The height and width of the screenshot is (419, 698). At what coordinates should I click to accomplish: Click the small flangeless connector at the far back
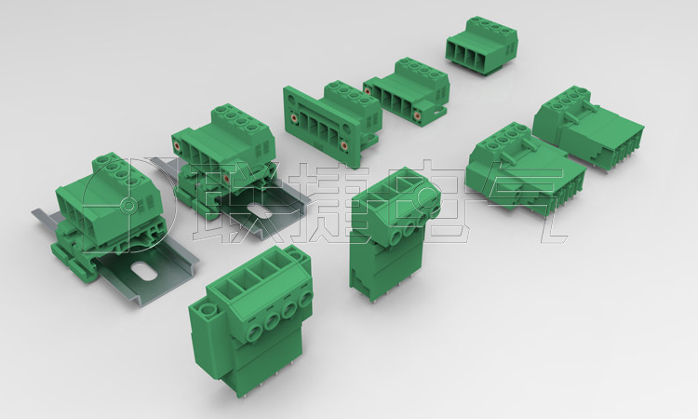482,46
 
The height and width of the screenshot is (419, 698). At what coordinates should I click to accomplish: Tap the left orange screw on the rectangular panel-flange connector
295,118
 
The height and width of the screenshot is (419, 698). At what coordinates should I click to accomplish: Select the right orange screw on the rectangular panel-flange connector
344,145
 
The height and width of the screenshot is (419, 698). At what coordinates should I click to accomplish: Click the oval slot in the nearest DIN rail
143,270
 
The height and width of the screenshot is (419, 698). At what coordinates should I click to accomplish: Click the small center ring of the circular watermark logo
128,205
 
